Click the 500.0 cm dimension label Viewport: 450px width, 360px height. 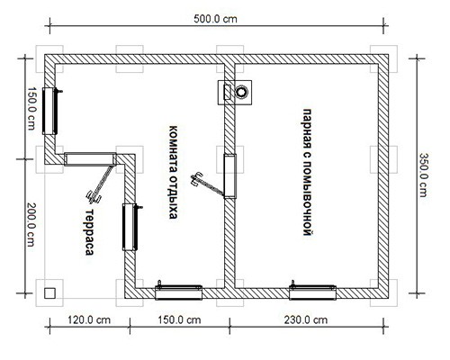215,19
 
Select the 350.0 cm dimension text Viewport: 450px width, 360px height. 423,175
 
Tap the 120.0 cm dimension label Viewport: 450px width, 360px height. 89,319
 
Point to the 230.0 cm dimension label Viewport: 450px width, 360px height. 306,319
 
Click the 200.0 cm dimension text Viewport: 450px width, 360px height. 31,225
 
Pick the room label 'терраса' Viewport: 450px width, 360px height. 89,232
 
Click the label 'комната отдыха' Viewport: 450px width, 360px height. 173,172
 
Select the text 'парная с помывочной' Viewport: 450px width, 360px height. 307,172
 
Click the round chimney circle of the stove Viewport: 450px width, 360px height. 240,92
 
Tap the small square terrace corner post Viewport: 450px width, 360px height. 49,292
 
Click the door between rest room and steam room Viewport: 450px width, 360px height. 230,176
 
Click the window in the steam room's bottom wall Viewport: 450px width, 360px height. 312,292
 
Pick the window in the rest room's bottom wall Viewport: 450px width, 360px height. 178,292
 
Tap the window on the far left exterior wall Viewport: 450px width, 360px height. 49,111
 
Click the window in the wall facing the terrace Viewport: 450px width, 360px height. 130,227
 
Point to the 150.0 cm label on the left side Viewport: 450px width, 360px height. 31,108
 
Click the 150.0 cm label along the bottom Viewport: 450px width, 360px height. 179,319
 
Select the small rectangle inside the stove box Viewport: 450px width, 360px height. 228,92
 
